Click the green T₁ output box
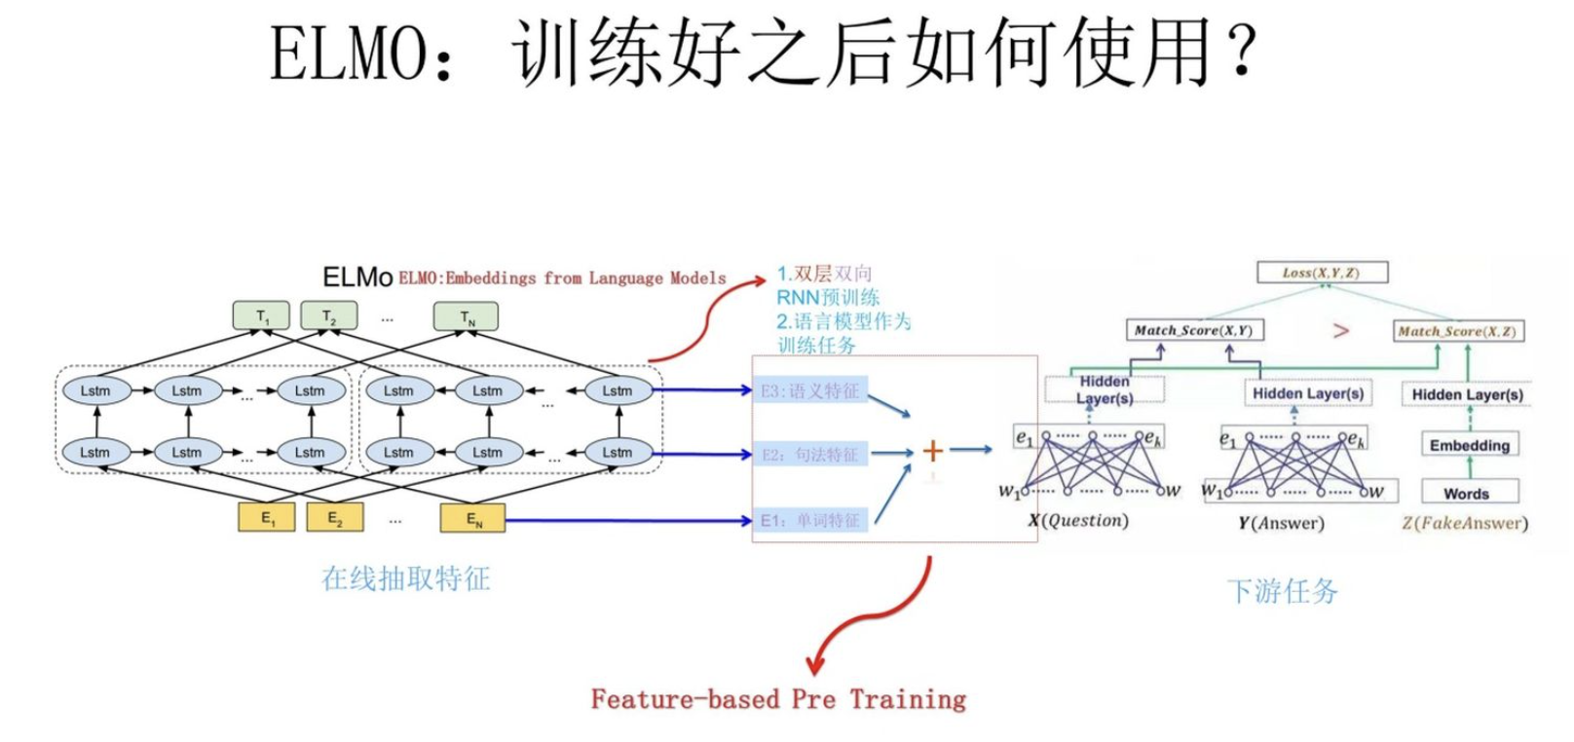point(261,316)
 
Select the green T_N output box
point(467,316)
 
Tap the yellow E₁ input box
point(267,518)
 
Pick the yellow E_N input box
point(472,518)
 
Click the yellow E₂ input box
point(335,518)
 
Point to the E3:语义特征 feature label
point(810,391)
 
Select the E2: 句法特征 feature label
point(810,455)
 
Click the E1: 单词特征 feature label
point(810,521)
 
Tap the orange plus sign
point(932,450)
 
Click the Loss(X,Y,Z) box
point(1321,273)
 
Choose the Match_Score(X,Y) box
point(1193,331)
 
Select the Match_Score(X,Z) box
point(1456,332)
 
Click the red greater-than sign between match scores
point(1340,331)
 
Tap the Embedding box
point(1469,445)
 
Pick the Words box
point(1467,494)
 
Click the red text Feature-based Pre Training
point(778,699)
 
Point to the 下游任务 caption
point(1282,591)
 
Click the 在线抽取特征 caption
point(406,579)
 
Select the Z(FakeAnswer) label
point(1465,524)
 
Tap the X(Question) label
point(1079,521)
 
